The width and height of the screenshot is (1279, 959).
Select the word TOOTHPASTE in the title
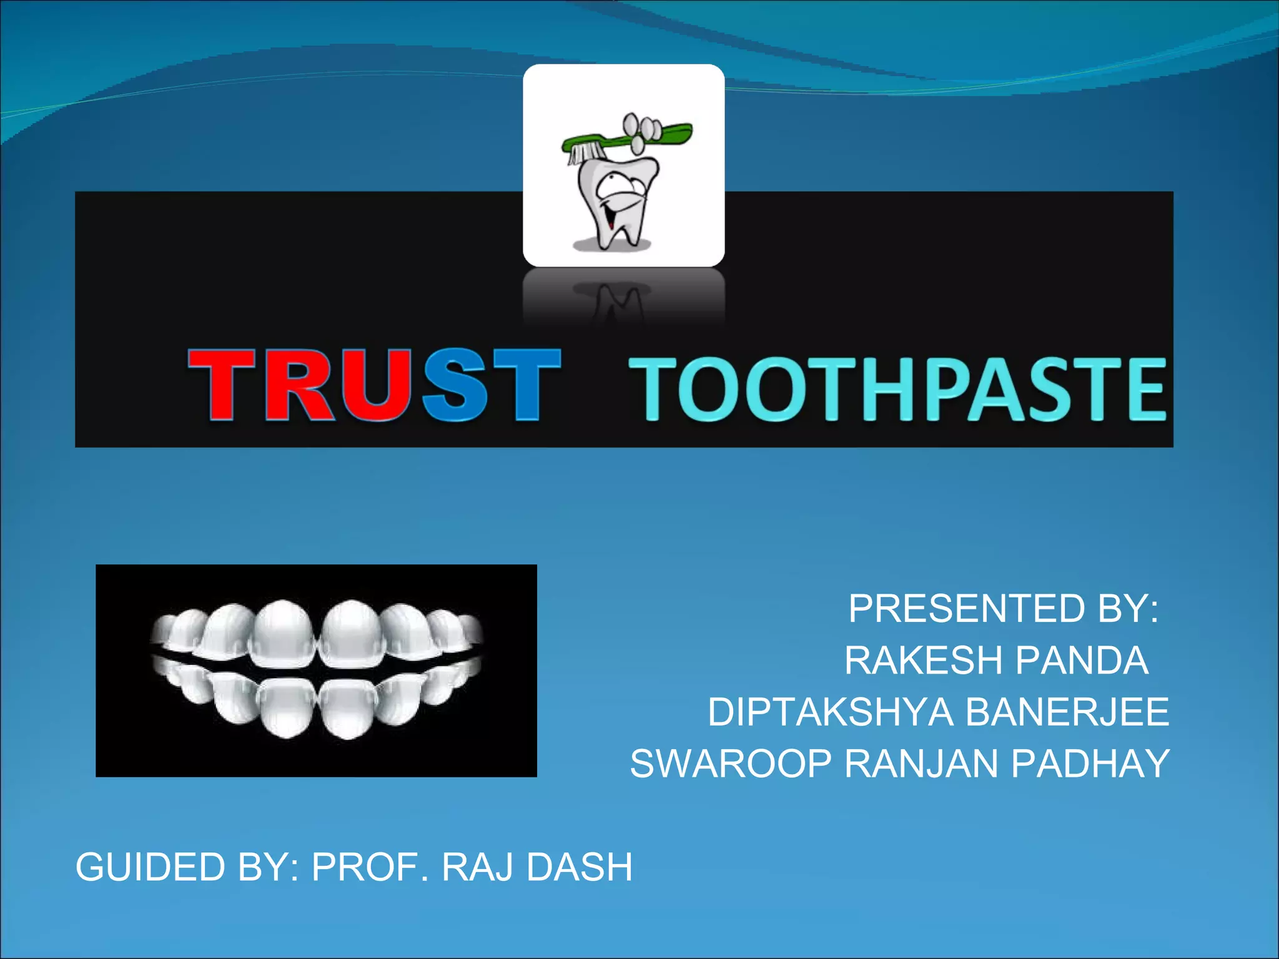pos(897,388)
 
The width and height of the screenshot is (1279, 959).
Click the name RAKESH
pos(923,660)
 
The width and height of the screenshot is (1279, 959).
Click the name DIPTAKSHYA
pos(830,712)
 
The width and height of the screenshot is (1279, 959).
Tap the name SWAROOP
pos(731,764)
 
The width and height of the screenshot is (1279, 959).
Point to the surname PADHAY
pos(1090,764)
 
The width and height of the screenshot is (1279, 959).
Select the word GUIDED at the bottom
pos(150,867)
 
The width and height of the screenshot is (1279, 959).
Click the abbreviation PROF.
pos(370,867)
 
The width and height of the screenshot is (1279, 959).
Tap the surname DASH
pos(580,867)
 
